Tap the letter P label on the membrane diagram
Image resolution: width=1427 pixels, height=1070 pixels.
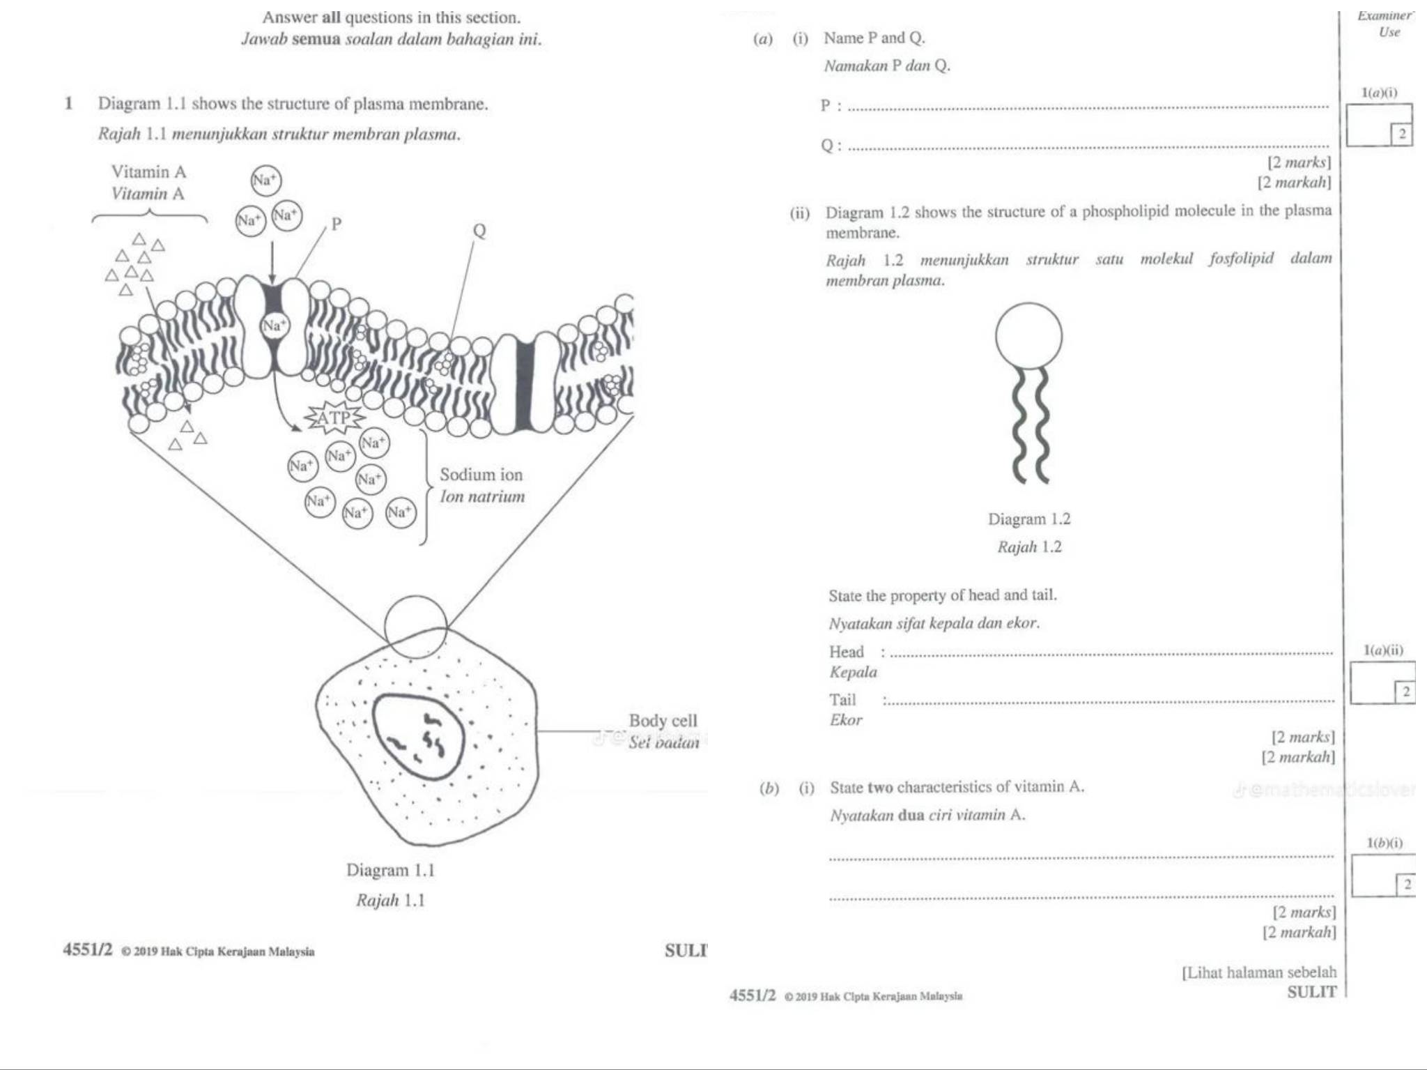coord(337,224)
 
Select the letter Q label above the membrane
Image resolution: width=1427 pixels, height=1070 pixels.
coord(479,230)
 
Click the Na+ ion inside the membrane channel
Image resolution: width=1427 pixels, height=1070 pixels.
coord(273,325)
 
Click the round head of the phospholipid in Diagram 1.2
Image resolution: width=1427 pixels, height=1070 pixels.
coord(1028,336)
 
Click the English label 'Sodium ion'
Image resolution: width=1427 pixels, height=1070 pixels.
coord(481,475)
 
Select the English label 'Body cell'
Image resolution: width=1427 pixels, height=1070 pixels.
coord(663,720)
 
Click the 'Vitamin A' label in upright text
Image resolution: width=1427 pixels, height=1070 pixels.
coord(148,171)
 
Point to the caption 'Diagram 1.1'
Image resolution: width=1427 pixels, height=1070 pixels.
coord(390,870)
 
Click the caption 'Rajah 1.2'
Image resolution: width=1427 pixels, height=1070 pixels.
coord(1029,547)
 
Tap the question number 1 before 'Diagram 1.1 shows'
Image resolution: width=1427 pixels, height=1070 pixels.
coord(68,104)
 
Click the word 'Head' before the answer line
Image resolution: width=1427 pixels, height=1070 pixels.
coord(846,652)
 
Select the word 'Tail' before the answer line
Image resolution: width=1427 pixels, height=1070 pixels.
coord(842,700)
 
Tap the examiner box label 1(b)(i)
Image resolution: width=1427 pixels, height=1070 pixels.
coord(1384,843)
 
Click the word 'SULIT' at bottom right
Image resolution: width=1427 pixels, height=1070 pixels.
coord(1311,992)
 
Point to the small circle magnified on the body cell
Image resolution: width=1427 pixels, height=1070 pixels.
coord(415,627)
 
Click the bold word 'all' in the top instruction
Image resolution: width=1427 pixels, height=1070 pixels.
coord(331,17)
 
